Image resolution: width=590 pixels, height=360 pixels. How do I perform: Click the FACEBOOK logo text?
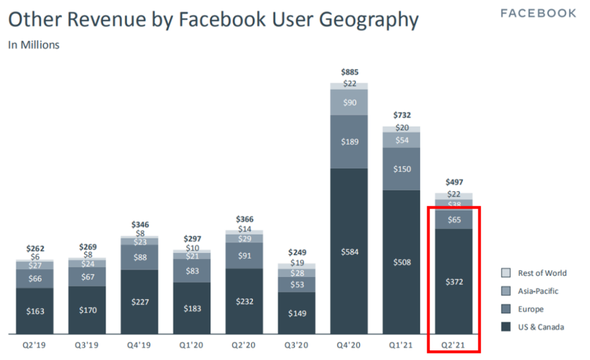pos(538,13)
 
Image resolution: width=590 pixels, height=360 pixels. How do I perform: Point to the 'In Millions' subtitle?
pos(34,45)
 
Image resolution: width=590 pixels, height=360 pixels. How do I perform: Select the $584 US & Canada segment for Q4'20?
pos(349,251)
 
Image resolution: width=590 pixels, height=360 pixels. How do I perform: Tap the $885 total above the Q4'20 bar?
pos(349,72)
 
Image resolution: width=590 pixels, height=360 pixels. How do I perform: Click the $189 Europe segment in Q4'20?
pos(349,142)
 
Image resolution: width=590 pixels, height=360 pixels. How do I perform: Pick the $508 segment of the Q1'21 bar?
pos(402,262)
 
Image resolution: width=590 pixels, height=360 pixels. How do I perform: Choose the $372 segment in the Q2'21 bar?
pos(454,281)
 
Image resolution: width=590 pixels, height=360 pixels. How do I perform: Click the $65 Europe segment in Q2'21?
pos(454,220)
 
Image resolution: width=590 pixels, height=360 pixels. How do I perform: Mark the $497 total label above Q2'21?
pos(454,182)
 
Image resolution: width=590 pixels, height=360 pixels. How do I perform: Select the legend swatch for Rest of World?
pos(506,273)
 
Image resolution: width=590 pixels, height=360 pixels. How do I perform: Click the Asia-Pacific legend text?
pos(538,291)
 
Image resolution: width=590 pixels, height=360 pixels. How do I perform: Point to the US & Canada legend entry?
pos(541,327)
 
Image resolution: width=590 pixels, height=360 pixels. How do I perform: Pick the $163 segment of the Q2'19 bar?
pos(34,311)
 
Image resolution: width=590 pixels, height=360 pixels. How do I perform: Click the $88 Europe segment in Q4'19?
pos(139,257)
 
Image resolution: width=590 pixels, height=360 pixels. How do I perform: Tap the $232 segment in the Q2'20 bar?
pos(244,301)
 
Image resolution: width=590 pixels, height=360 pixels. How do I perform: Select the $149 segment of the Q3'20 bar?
pos(297,313)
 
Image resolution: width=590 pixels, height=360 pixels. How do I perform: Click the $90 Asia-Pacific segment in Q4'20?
pos(349,102)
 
